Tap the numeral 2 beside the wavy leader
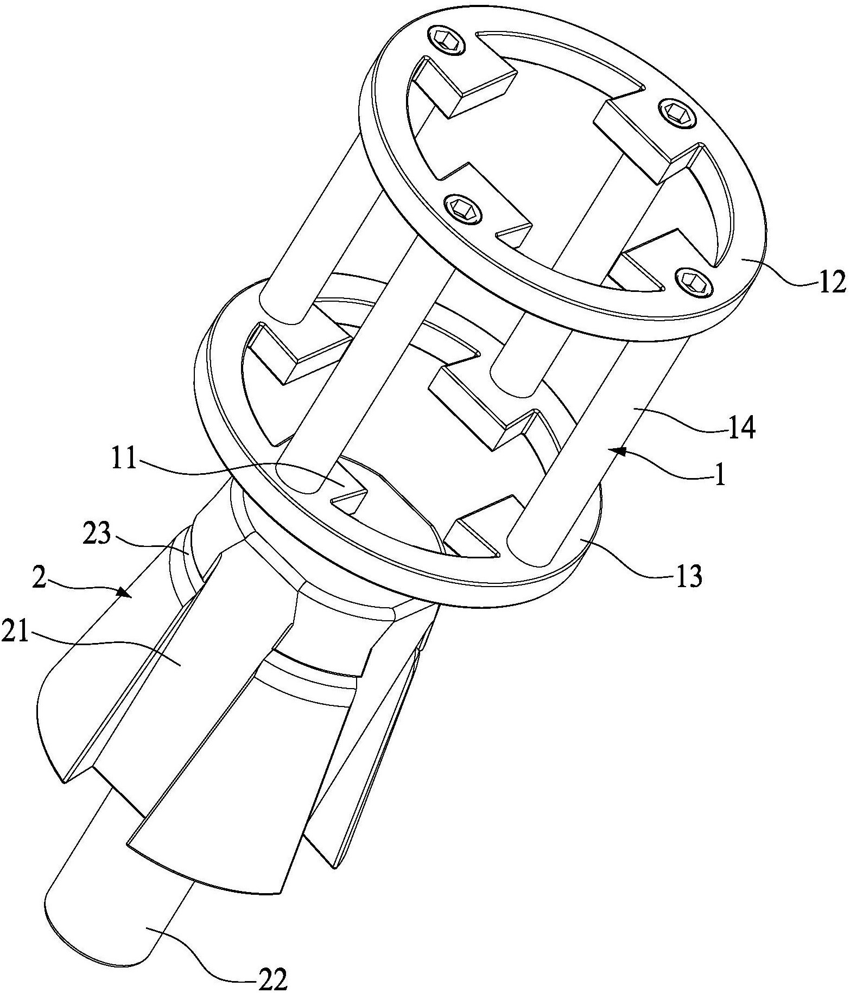click(39, 579)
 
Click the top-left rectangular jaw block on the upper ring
click(463, 84)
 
